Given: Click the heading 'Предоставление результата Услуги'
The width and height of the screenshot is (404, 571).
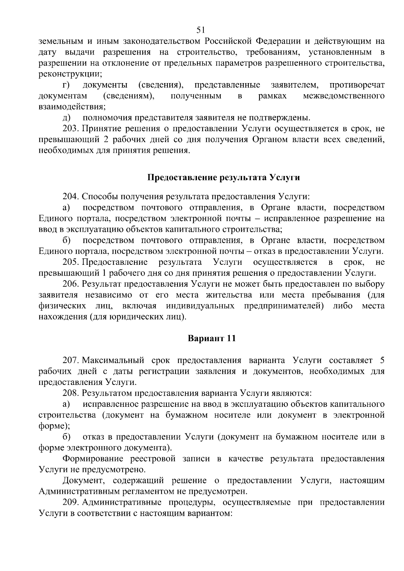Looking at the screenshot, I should (224, 177).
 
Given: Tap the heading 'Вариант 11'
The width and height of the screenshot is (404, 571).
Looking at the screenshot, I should (211, 338).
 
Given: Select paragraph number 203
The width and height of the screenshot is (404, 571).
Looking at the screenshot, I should (71, 129).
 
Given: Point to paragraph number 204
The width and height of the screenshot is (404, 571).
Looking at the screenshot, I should (71, 197).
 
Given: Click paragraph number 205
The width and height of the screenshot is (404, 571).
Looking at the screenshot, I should (71, 262).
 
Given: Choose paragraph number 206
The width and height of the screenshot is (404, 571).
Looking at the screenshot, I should (71, 284).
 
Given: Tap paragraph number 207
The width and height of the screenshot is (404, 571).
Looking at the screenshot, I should (71, 360).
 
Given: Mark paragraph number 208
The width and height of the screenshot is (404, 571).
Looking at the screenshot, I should (71, 393).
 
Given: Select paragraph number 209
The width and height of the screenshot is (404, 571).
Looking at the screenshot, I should (71, 502).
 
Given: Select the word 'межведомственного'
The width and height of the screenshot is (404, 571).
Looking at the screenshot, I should (344, 96).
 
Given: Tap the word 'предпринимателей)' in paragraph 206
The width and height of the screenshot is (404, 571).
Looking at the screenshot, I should (284, 306).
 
